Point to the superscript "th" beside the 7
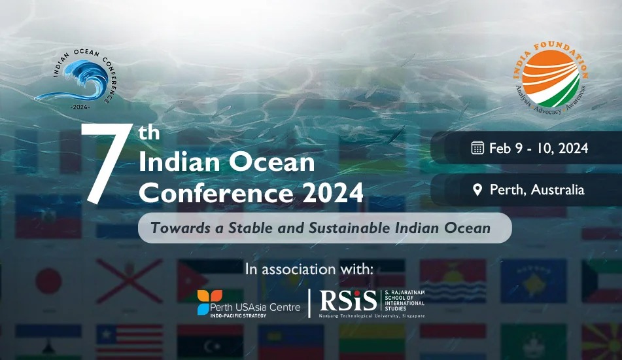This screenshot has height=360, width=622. coord(149,132)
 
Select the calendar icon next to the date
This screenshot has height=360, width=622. coord(477,148)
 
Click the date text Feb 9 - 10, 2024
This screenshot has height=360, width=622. coord(538,148)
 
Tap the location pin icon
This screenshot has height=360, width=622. coord(477,190)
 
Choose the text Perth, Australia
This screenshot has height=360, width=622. coord(537,190)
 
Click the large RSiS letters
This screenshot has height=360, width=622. coord(348,300)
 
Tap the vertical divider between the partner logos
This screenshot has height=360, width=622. coord(309,302)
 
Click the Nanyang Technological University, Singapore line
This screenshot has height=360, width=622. coord(371,316)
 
